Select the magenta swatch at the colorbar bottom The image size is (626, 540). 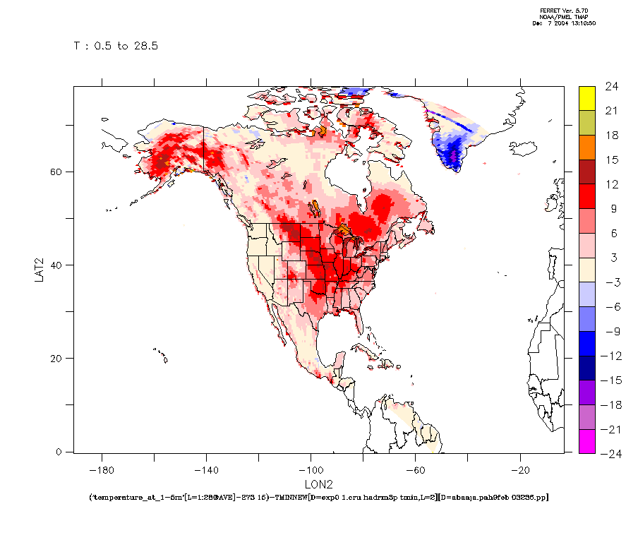pyautogui.click(x=587, y=441)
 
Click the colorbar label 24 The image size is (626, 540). pyautogui.click(x=611, y=87)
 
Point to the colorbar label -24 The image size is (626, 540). pyautogui.click(x=609, y=452)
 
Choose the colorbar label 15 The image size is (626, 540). pyautogui.click(x=611, y=160)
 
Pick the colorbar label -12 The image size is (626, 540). pyautogui.click(x=609, y=355)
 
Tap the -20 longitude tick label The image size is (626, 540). pyautogui.click(x=520, y=469)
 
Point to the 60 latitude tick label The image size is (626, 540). pyautogui.click(x=60, y=172)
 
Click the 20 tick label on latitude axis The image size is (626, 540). pyautogui.click(x=60, y=358)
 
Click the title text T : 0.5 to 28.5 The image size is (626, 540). pyautogui.click(x=116, y=46)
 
